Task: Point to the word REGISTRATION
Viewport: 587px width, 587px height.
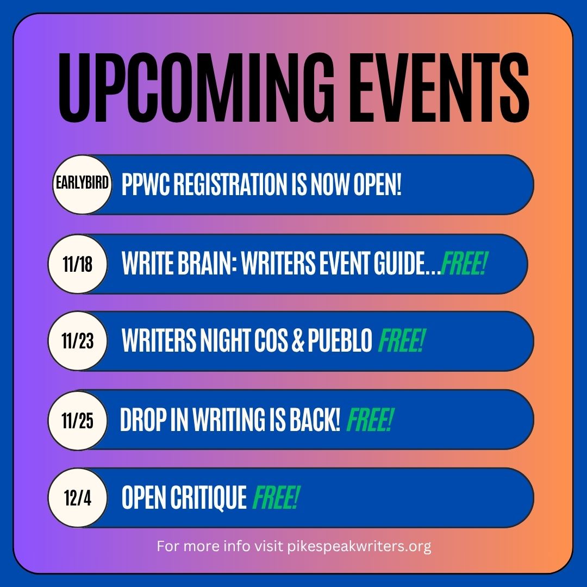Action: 223,185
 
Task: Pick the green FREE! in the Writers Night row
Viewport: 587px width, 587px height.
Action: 401,342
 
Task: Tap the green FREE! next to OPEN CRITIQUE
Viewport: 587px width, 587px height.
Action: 276,498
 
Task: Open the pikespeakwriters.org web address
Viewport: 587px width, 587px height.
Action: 359,546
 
